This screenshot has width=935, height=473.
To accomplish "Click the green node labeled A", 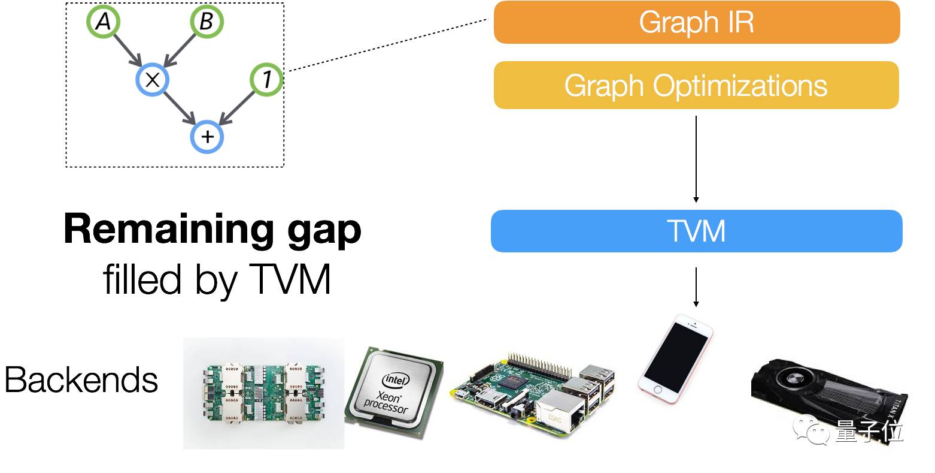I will point(103,22).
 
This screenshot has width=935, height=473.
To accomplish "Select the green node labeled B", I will point(206,22).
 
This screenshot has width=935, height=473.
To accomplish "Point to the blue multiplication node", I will point(153,79).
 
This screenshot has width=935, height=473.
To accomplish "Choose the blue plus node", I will point(207,137).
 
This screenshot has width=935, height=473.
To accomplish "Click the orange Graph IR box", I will point(696,22).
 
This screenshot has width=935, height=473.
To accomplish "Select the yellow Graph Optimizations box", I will point(696,85).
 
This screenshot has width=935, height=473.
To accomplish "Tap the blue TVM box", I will point(696,231).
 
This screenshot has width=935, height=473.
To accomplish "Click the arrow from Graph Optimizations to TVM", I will point(696,159).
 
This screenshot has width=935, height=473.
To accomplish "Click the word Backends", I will point(81,380).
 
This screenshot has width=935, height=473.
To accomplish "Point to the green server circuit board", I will point(263,393).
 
